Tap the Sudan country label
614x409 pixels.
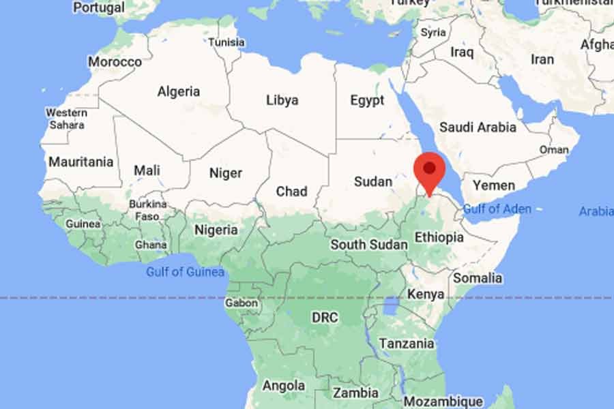pos(373,182)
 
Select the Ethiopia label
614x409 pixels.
pos(439,238)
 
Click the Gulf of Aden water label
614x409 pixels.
pos(497,209)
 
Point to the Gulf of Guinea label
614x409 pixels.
pos(185,272)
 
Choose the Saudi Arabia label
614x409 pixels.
pos(478,127)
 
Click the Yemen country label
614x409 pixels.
pos(494,185)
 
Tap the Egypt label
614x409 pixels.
pos(367,101)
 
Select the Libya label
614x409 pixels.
pos(282,100)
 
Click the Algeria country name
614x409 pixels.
pos(179,91)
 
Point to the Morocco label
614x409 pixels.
pos(115,61)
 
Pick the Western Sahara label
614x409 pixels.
pos(66,119)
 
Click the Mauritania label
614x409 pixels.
pos(81,162)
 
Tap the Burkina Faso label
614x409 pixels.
pos(147,210)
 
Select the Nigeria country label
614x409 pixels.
pos(216,230)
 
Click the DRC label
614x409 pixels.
pos(325,318)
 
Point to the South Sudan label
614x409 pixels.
pos(369,244)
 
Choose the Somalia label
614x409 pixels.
pos(478,278)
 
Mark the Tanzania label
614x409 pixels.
pos(407,344)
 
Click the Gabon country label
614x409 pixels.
pos(242,303)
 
